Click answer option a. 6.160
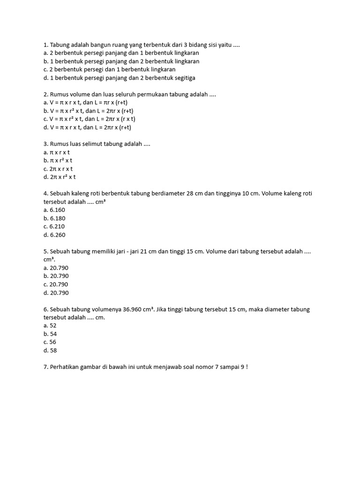click(54, 210)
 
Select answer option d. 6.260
click(54, 235)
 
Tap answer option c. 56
click(50, 342)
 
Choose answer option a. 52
click(50, 325)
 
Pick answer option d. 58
click(50, 350)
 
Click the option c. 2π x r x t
click(58, 169)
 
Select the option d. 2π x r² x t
click(60, 177)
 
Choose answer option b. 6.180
click(54, 218)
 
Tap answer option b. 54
click(50, 334)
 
